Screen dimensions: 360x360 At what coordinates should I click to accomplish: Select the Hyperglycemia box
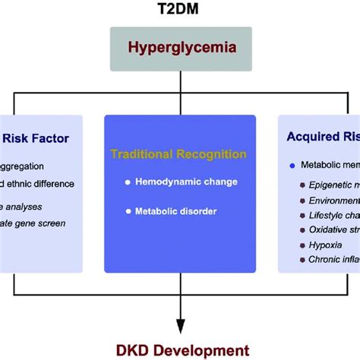point(179,47)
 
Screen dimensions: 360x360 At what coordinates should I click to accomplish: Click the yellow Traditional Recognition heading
point(178,154)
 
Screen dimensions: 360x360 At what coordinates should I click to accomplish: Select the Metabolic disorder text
point(175,210)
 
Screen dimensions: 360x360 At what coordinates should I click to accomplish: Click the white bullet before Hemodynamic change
point(129,182)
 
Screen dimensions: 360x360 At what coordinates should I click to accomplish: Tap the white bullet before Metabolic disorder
point(129,210)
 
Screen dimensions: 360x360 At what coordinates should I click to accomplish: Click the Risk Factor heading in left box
point(36,138)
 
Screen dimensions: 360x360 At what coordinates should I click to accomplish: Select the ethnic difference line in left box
point(38,183)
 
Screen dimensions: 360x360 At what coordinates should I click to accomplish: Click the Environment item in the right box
point(334,200)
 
